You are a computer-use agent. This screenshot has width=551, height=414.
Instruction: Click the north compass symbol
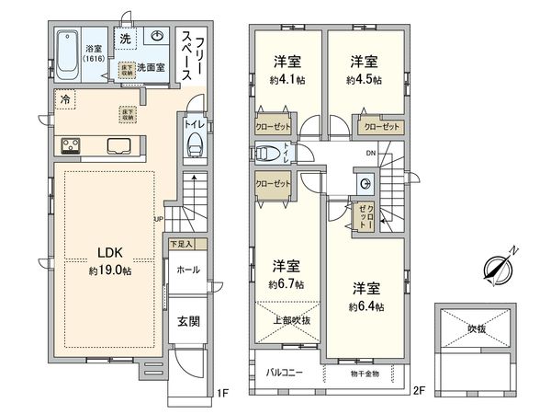500,267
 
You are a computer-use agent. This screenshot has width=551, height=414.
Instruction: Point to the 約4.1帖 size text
287,79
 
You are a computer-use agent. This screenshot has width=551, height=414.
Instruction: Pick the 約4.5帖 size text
364,79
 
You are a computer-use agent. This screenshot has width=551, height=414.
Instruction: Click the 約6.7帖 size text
287,283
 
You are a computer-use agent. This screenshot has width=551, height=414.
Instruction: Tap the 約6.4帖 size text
365,305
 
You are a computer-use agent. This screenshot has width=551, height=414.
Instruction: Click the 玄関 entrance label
189,322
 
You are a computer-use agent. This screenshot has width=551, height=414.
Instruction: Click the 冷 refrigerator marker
65,98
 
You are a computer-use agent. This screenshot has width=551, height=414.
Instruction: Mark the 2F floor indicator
419,391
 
